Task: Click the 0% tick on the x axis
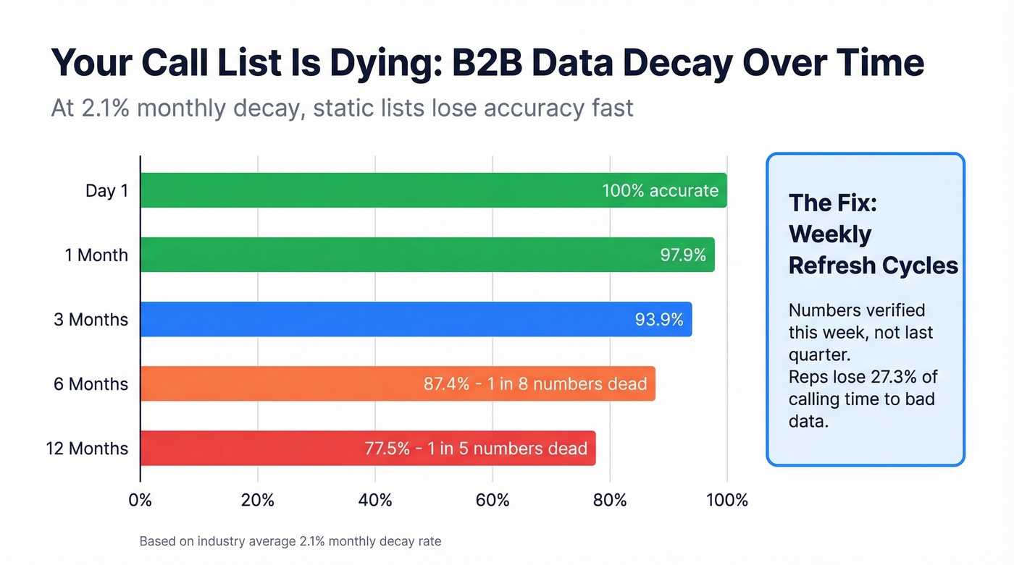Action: coord(140,500)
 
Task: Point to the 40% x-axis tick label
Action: coord(375,500)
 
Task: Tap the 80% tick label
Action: coord(610,500)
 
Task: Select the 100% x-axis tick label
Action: coord(726,500)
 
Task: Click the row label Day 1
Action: coord(106,191)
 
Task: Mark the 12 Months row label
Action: coord(87,449)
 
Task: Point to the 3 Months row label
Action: coord(91,320)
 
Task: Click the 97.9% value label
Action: coord(682,255)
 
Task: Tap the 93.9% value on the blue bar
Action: coord(659,319)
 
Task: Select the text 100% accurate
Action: coord(660,190)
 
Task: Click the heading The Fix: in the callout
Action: coord(832,203)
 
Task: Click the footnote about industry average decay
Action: coord(290,541)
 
